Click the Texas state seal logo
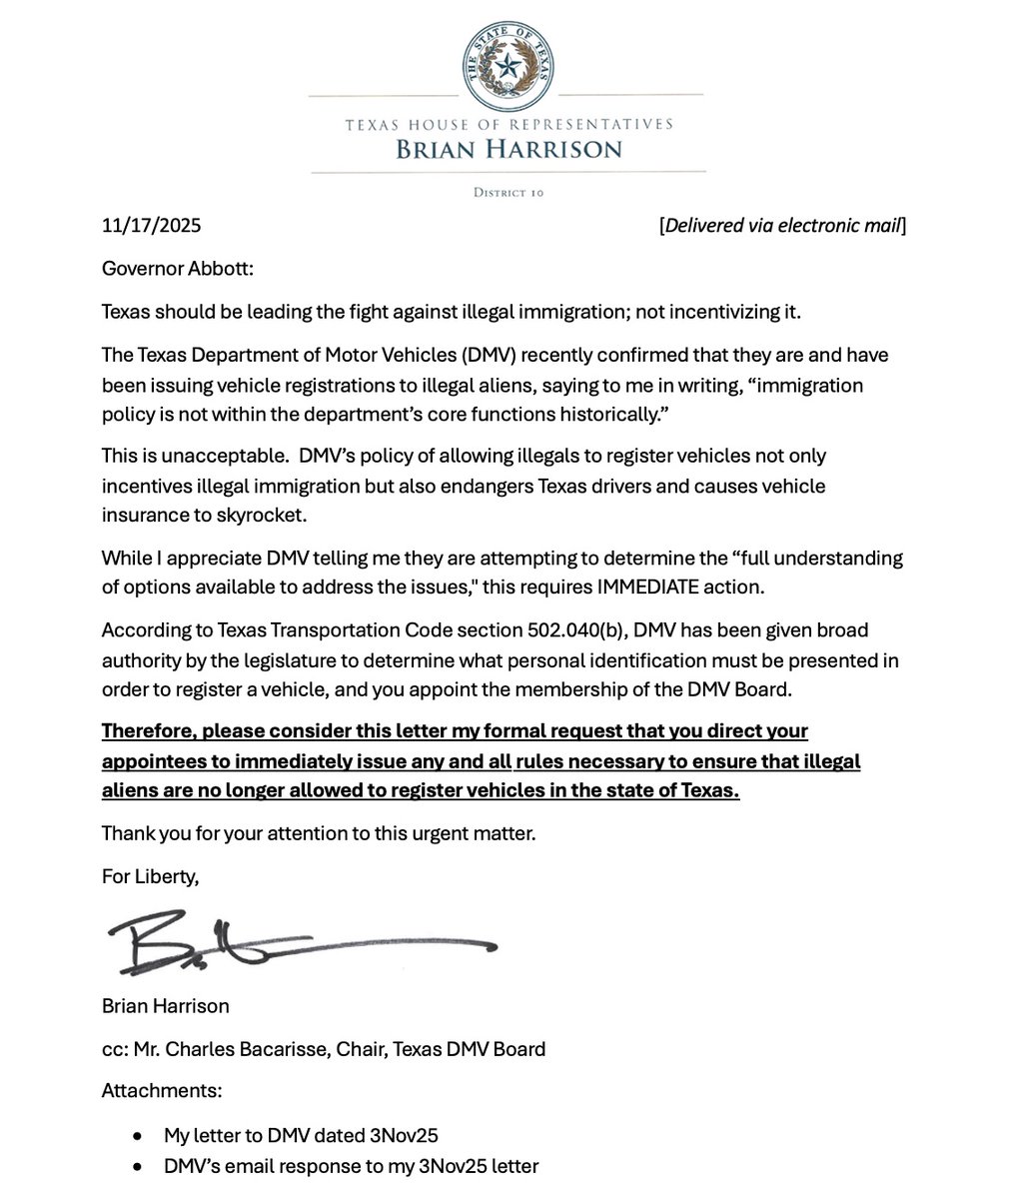click(507, 66)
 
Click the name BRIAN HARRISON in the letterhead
click(507, 150)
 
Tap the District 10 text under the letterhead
click(508, 193)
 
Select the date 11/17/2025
click(151, 225)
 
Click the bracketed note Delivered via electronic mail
click(782, 225)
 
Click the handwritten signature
click(300, 940)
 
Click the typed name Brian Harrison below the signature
click(165, 1005)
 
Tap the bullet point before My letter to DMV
click(137, 1135)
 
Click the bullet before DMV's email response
click(137, 1166)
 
